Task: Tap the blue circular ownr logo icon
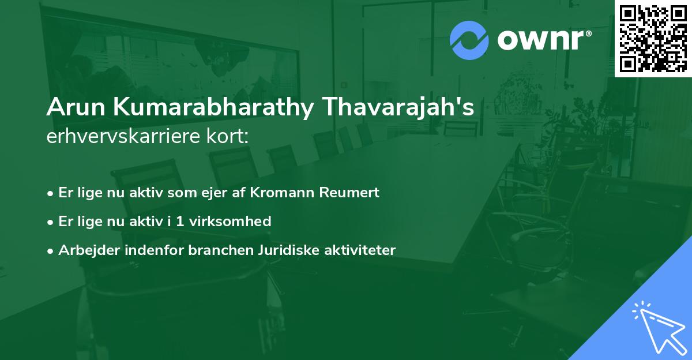469,41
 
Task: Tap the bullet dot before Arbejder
51,250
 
